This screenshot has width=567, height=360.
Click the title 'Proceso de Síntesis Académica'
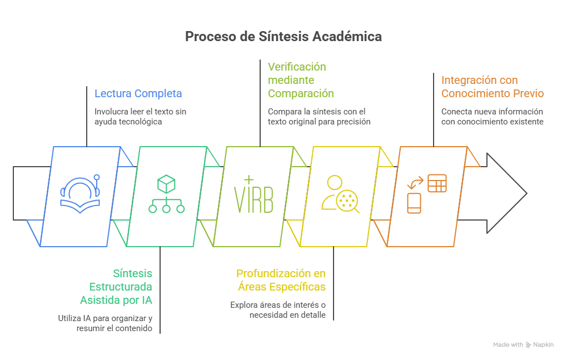coord(283,37)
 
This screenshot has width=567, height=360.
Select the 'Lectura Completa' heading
coord(138,93)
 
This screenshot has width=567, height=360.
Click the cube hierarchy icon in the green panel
coord(166,194)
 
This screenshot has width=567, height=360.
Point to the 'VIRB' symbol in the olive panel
coord(253,196)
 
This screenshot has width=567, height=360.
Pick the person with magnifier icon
coord(340,194)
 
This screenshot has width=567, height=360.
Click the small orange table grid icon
coord(437,183)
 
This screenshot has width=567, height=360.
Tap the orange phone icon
coord(415,203)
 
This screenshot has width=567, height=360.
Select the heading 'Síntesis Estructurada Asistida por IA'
coord(116,287)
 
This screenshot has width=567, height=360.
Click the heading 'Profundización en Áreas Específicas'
coord(281,280)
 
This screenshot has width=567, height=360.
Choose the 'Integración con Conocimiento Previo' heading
coord(493,87)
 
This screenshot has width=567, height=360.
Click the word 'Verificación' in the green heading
coord(297,67)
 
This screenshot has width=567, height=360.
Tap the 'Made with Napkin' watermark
coord(523,345)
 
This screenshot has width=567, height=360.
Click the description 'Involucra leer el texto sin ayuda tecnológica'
coord(140,116)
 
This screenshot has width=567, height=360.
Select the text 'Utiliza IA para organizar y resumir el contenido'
coord(105,323)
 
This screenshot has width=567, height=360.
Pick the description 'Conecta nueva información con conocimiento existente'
coord(493,116)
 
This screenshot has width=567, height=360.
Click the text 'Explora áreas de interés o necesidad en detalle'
coord(278,309)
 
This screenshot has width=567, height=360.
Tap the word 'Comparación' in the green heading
coord(301,93)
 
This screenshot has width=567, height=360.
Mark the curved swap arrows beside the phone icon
coord(415,182)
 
